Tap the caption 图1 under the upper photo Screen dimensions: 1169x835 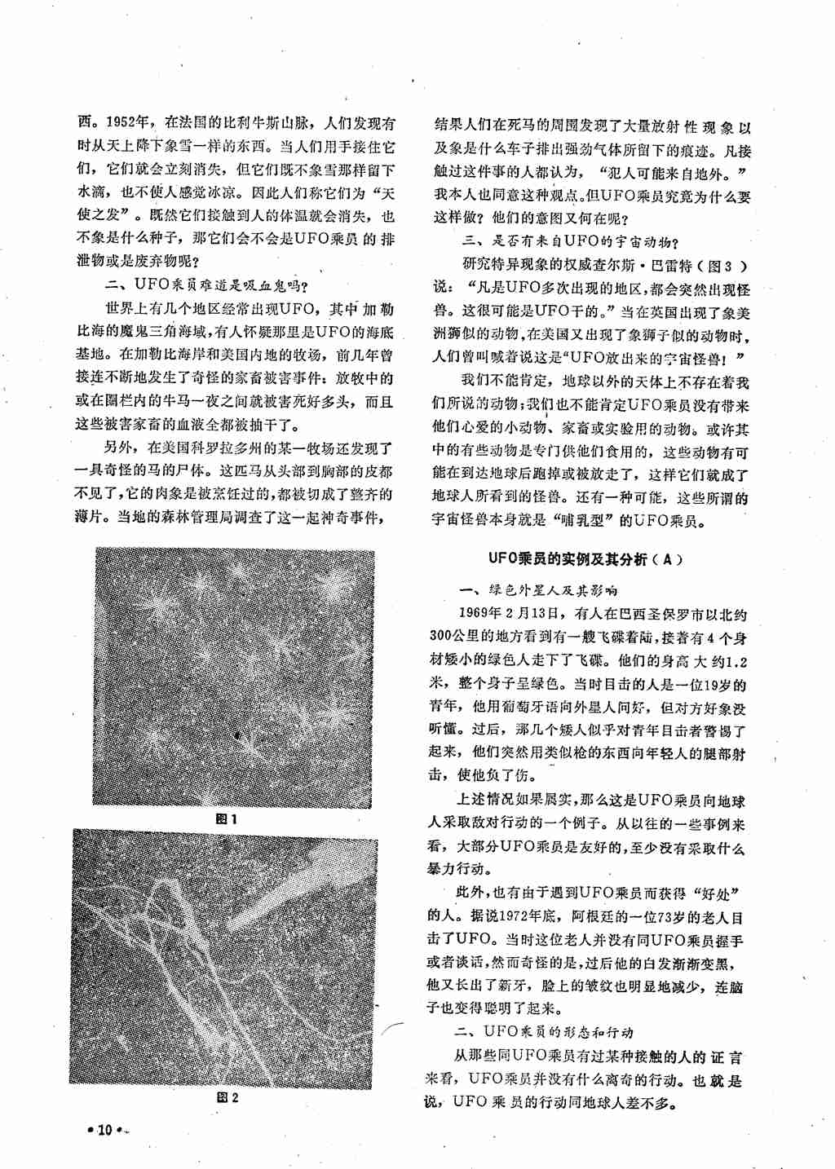226,818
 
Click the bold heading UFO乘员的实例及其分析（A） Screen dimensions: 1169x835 585,559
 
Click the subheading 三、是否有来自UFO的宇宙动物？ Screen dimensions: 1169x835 571,241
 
